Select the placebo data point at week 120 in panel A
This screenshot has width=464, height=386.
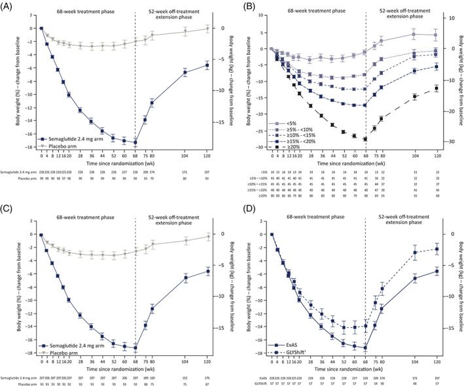point(207,28)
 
